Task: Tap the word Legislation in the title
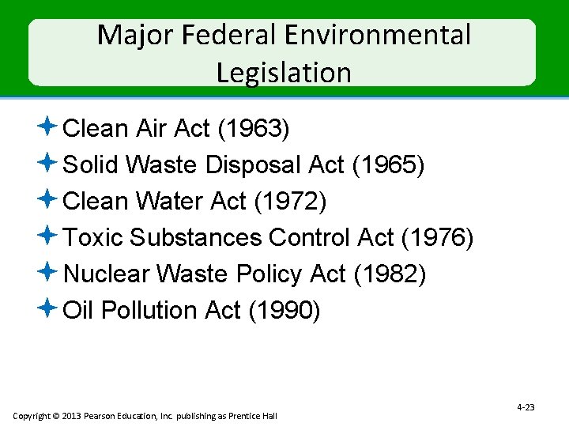click(284, 73)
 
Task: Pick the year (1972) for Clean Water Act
click(290, 202)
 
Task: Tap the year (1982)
click(390, 274)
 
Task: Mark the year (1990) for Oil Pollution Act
click(284, 311)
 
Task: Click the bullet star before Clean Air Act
click(47, 126)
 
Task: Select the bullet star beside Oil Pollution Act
click(47, 308)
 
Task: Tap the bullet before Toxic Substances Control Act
click(47, 235)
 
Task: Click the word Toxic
click(92, 238)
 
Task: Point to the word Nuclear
click(107, 274)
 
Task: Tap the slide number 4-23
click(526, 407)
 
